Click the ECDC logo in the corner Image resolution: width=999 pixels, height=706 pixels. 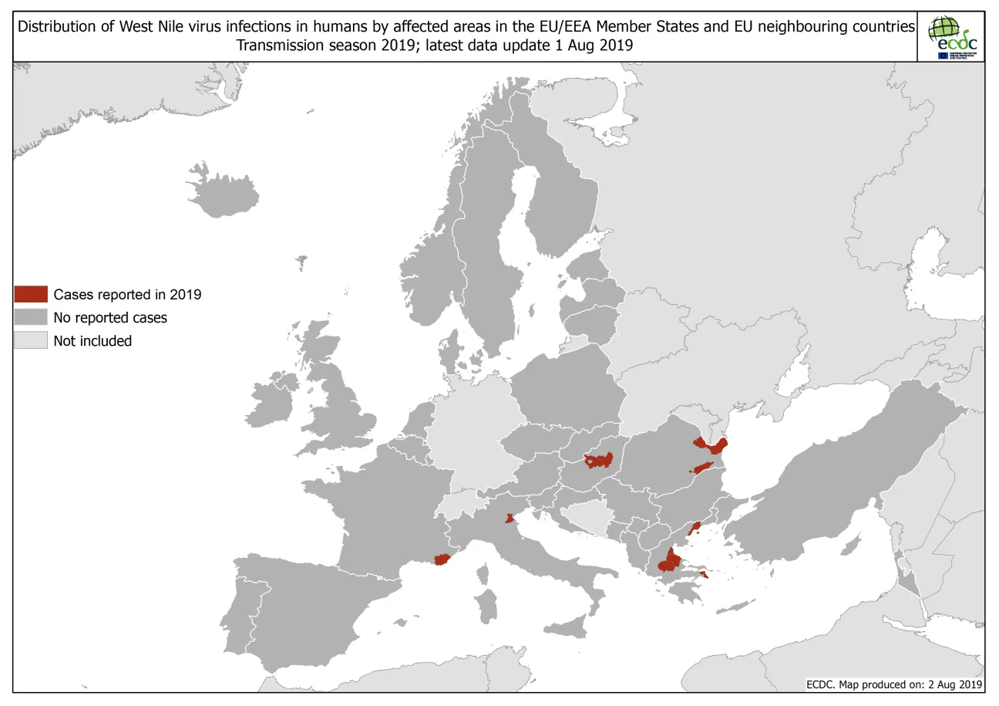[951, 37]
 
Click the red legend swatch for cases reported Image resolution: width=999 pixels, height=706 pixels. [31, 294]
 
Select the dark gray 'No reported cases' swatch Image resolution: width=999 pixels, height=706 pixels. [31, 317]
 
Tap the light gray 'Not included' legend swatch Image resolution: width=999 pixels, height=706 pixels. [31, 340]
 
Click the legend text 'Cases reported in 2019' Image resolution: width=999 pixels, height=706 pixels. [127, 294]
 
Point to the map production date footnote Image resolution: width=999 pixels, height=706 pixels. [893, 684]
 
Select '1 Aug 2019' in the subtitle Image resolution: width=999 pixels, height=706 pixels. [593, 45]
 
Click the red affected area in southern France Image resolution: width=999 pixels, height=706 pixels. [442, 559]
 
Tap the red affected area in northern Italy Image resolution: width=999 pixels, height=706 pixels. [509, 519]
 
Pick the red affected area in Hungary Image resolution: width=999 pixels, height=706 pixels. [599, 461]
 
